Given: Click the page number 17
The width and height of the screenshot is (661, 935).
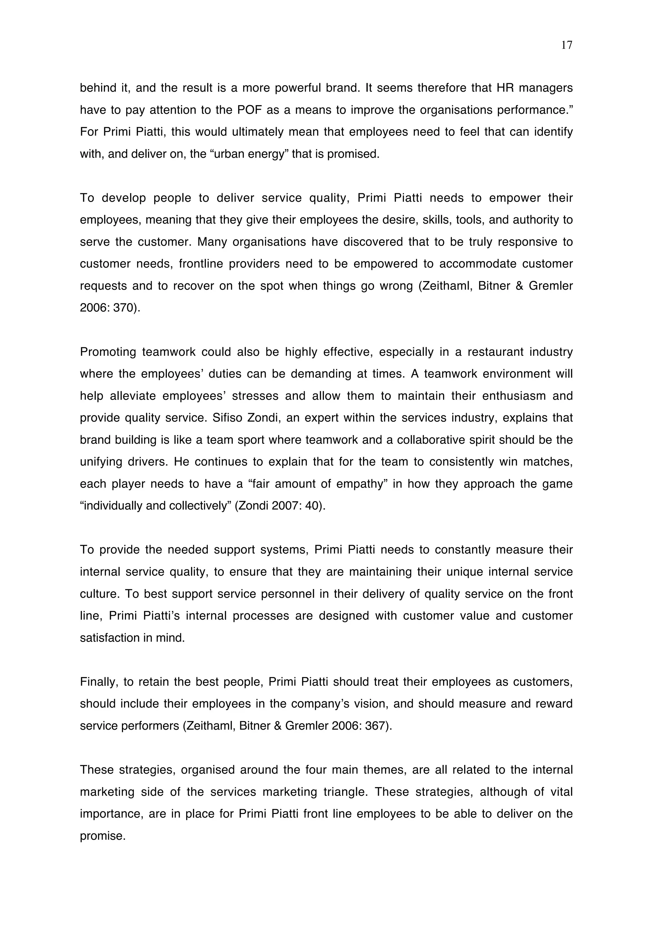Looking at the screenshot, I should [566, 45].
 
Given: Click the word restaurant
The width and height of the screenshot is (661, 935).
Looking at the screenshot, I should [495, 352].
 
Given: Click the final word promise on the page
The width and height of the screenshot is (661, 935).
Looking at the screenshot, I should [102, 836].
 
